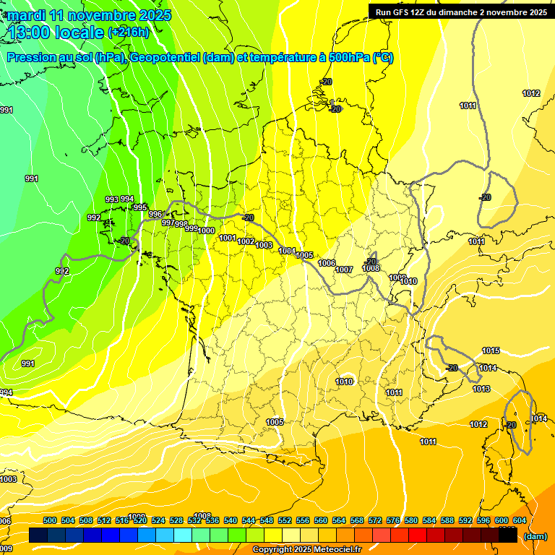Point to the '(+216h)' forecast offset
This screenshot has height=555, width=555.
click(x=129, y=33)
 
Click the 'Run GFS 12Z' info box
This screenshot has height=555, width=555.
click(x=460, y=12)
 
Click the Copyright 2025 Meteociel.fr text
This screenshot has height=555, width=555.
click(x=306, y=550)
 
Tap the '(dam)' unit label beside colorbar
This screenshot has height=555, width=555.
click(x=534, y=536)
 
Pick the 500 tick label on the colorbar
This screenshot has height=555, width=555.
click(x=50, y=520)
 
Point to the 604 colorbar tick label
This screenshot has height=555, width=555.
click(x=520, y=520)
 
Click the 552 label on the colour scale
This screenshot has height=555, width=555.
click(x=285, y=520)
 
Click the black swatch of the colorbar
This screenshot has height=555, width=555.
click(x=508, y=535)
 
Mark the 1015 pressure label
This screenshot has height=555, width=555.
click(x=491, y=351)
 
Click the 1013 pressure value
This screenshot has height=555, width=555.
click(x=481, y=390)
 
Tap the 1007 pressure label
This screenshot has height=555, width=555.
click(x=344, y=270)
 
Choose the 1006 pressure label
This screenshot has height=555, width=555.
click(x=327, y=263)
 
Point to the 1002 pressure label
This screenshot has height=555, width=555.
click(x=246, y=241)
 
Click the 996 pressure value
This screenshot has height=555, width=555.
click(x=155, y=215)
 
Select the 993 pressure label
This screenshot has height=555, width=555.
click(x=112, y=199)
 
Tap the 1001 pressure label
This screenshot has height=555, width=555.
click(x=228, y=238)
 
